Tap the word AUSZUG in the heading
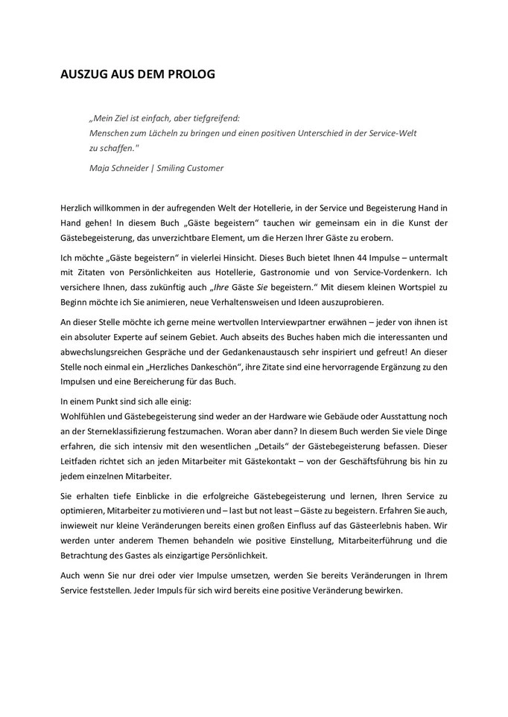[x=84, y=75]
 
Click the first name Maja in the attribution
[x=98, y=167]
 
